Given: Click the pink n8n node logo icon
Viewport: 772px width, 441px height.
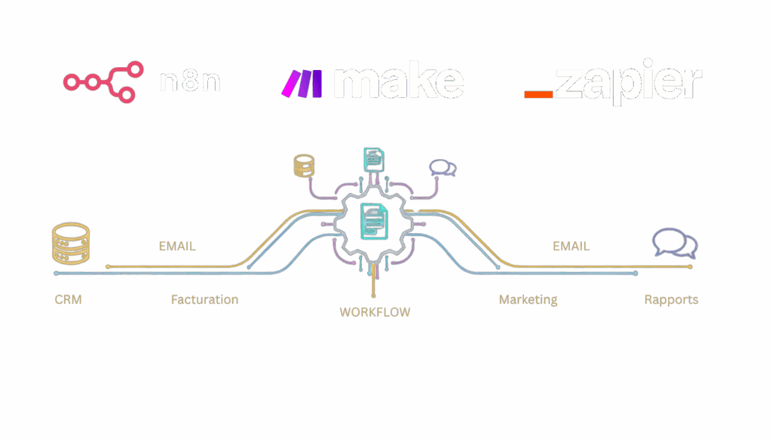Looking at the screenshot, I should pyautogui.click(x=103, y=81).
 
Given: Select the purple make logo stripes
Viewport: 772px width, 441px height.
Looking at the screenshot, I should pyautogui.click(x=302, y=83).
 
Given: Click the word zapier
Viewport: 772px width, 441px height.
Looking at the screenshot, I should pyautogui.click(x=628, y=84).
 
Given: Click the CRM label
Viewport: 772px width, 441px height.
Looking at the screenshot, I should pyautogui.click(x=68, y=299).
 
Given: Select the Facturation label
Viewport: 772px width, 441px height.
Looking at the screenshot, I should pyautogui.click(x=204, y=299).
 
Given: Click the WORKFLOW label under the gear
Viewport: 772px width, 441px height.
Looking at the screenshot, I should pyautogui.click(x=375, y=311).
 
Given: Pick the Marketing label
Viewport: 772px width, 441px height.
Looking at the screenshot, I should pyautogui.click(x=528, y=299).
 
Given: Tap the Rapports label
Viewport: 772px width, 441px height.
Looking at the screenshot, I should pyautogui.click(x=671, y=299).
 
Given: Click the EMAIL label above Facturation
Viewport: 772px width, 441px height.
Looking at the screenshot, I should pyautogui.click(x=177, y=247).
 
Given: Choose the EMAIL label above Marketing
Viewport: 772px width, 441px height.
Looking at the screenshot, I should pyautogui.click(x=571, y=247).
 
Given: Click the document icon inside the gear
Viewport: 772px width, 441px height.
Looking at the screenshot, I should pyautogui.click(x=375, y=221).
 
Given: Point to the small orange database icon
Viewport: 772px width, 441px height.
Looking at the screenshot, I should pyautogui.click(x=303, y=165).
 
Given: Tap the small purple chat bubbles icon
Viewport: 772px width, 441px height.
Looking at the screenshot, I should pyautogui.click(x=442, y=167).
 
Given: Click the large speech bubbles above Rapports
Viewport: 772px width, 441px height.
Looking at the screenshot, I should pyautogui.click(x=675, y=244).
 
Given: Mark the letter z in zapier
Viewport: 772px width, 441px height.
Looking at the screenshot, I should pyautogui.click(x=569, y=84).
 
